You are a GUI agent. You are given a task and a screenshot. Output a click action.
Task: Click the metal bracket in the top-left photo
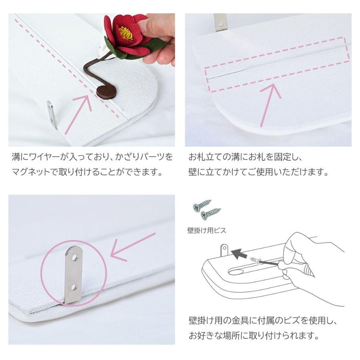click(x=52, y=114)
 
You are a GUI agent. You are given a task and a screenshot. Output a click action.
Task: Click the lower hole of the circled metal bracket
click(x=74, y=287)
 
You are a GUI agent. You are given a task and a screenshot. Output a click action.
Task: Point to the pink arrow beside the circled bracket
click(x=132, y=247)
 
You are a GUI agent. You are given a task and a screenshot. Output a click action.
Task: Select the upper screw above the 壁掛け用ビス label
click(x=202, y=205)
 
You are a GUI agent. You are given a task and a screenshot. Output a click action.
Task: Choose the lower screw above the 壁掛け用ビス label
click(x=211, y=214)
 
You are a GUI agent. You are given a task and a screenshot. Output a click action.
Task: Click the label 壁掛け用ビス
click(x=207, y=230)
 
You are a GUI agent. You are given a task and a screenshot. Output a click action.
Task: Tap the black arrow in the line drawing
click(x=239, y=253)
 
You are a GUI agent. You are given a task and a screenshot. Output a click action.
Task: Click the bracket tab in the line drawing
click(x=224, y=250)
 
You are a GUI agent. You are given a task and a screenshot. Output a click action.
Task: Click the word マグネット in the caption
click(x=31, y=172)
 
